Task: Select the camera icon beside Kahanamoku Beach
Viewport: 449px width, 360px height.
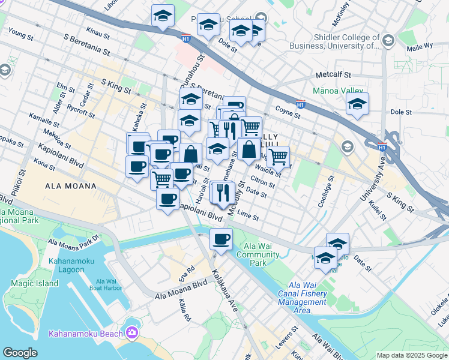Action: click(x=131, y=333)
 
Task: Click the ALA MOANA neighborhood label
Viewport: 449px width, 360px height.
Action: click(x=70, y=186)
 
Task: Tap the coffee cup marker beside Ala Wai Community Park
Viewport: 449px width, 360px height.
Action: click(x=221, y=240)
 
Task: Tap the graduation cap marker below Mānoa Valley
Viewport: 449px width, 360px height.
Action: click(x=357, y=104)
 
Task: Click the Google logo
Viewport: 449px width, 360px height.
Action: click(x=20, y=353)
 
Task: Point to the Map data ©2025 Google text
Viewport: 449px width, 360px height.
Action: click(x=411, y=355)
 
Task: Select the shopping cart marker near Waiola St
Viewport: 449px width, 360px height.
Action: click(x=278, y=157)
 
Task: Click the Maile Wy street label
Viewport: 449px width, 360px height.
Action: click(x=421, y=46)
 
